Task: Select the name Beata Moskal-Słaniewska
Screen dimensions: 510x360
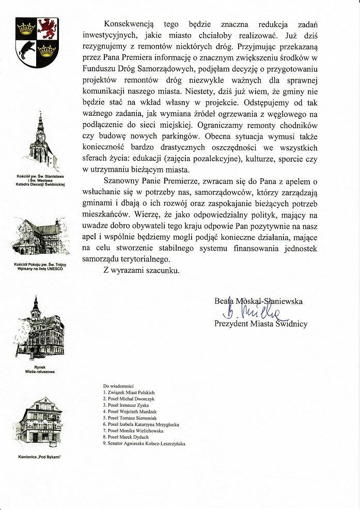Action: point(258,301)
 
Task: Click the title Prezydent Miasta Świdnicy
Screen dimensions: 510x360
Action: point(261,324)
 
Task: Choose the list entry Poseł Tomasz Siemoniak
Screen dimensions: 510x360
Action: point(130,418)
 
